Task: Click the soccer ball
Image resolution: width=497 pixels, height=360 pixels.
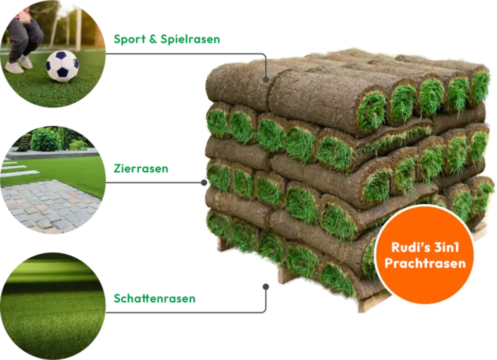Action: point(62,65)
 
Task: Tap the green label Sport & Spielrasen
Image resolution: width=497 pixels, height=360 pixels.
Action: point(166,39)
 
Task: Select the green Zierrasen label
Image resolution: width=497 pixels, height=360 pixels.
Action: point(141,169)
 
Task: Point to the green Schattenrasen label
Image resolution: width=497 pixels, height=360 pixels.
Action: point(154,299)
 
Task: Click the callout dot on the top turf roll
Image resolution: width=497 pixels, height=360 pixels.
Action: point(265,79)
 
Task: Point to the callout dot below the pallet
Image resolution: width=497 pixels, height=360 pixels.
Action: point(265,286)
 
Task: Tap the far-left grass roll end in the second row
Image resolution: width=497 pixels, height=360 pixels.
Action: point(217,122)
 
